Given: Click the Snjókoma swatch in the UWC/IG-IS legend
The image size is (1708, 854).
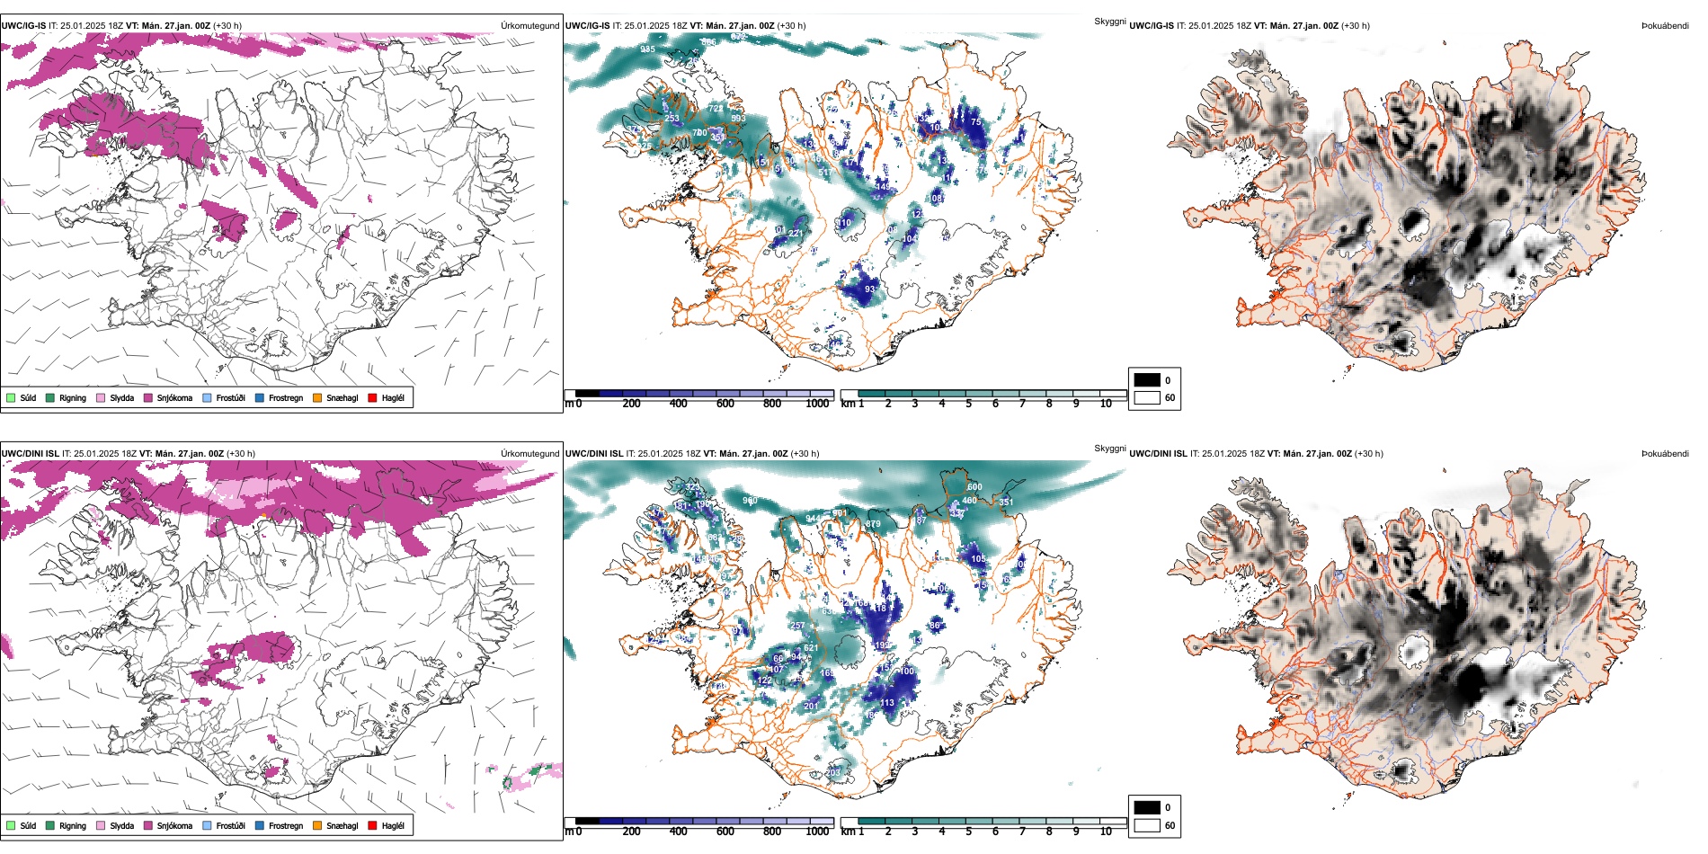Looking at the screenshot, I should click(x=148, y=397).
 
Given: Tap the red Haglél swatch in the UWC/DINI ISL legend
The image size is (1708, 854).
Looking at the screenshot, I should click(x=373, y=825).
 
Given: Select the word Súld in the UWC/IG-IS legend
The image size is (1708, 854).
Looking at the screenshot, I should click(x=28, y=397).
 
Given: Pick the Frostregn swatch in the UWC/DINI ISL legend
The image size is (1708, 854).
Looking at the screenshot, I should click(x=260, y=825).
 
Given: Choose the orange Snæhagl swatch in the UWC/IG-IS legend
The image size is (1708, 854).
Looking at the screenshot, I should click(x=317, y=397).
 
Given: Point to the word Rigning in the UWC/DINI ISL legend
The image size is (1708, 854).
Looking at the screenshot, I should click(x=73, y=825).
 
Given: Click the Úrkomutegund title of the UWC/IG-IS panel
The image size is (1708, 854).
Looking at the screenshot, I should click(x=529, y=25).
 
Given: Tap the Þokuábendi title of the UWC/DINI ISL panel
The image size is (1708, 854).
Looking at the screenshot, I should click(x=1665, y=453).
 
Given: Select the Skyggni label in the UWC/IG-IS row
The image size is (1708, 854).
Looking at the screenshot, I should click(x=1109, y=21).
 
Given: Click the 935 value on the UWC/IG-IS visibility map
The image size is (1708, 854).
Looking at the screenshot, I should click(x=647, y=49).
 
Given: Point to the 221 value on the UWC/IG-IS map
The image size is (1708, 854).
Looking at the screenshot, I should click(x=795, y=234).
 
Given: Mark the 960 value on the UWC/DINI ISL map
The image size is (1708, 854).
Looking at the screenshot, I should click(x=750, y=501).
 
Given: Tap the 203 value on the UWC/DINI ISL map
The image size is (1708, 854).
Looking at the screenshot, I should click(x=833, y=772).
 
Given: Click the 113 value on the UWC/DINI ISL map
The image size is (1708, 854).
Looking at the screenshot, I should click(x=887, y=703).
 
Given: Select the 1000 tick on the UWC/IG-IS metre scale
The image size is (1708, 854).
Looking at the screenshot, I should click(x=817, y=404).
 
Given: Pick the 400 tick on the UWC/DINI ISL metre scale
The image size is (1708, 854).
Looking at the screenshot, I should click(x=679, y=832).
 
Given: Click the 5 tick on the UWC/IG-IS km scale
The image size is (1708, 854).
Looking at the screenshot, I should click(x=968, y=404).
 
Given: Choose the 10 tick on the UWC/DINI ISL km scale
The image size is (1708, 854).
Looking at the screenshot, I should click(x=1106, y=832).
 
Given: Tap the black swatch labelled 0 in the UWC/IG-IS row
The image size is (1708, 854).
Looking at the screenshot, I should click(x=1147, y=379).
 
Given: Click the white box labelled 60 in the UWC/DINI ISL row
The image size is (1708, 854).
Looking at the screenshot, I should click(x=1147, y=825).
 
